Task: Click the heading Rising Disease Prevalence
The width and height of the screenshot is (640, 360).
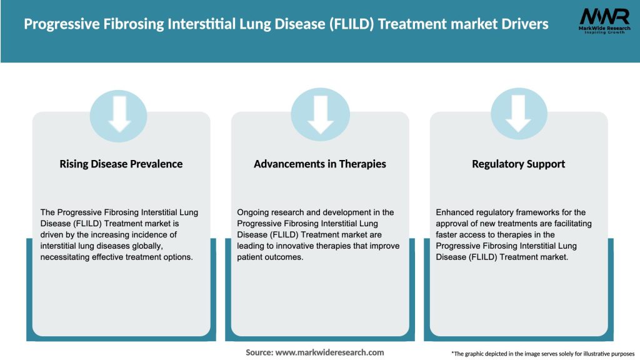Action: click(x=121, y=164)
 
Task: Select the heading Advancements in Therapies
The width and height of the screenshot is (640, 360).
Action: click(x=320, y=164)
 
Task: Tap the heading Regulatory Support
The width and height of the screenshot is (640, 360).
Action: click(x=519, y=164)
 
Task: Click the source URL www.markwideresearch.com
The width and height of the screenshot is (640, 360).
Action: click(x=329, y=352)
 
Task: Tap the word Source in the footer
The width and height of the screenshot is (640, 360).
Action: click(x=259, y=352)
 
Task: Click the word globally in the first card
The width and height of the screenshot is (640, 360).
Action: click(x=149, y=246)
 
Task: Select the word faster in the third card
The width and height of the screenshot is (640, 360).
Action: click(x=449, y=235)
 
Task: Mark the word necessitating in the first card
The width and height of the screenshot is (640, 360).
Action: click(x=67, y=257)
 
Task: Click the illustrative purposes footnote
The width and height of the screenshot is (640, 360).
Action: click(x=542, y=354)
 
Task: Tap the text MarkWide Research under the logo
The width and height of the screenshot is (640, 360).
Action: click(x=604, y=28)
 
